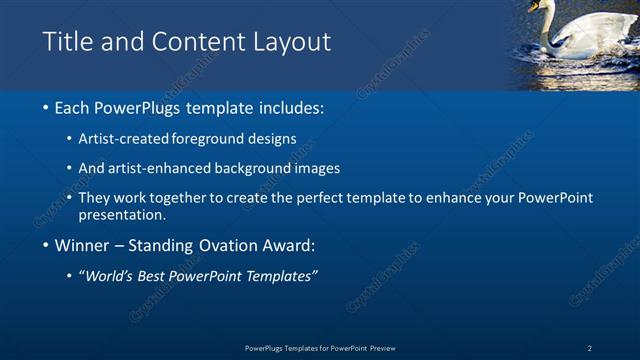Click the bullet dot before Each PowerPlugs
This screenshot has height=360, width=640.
[x=47, y=107]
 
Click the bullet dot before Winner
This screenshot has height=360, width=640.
[x=47, y=245]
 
